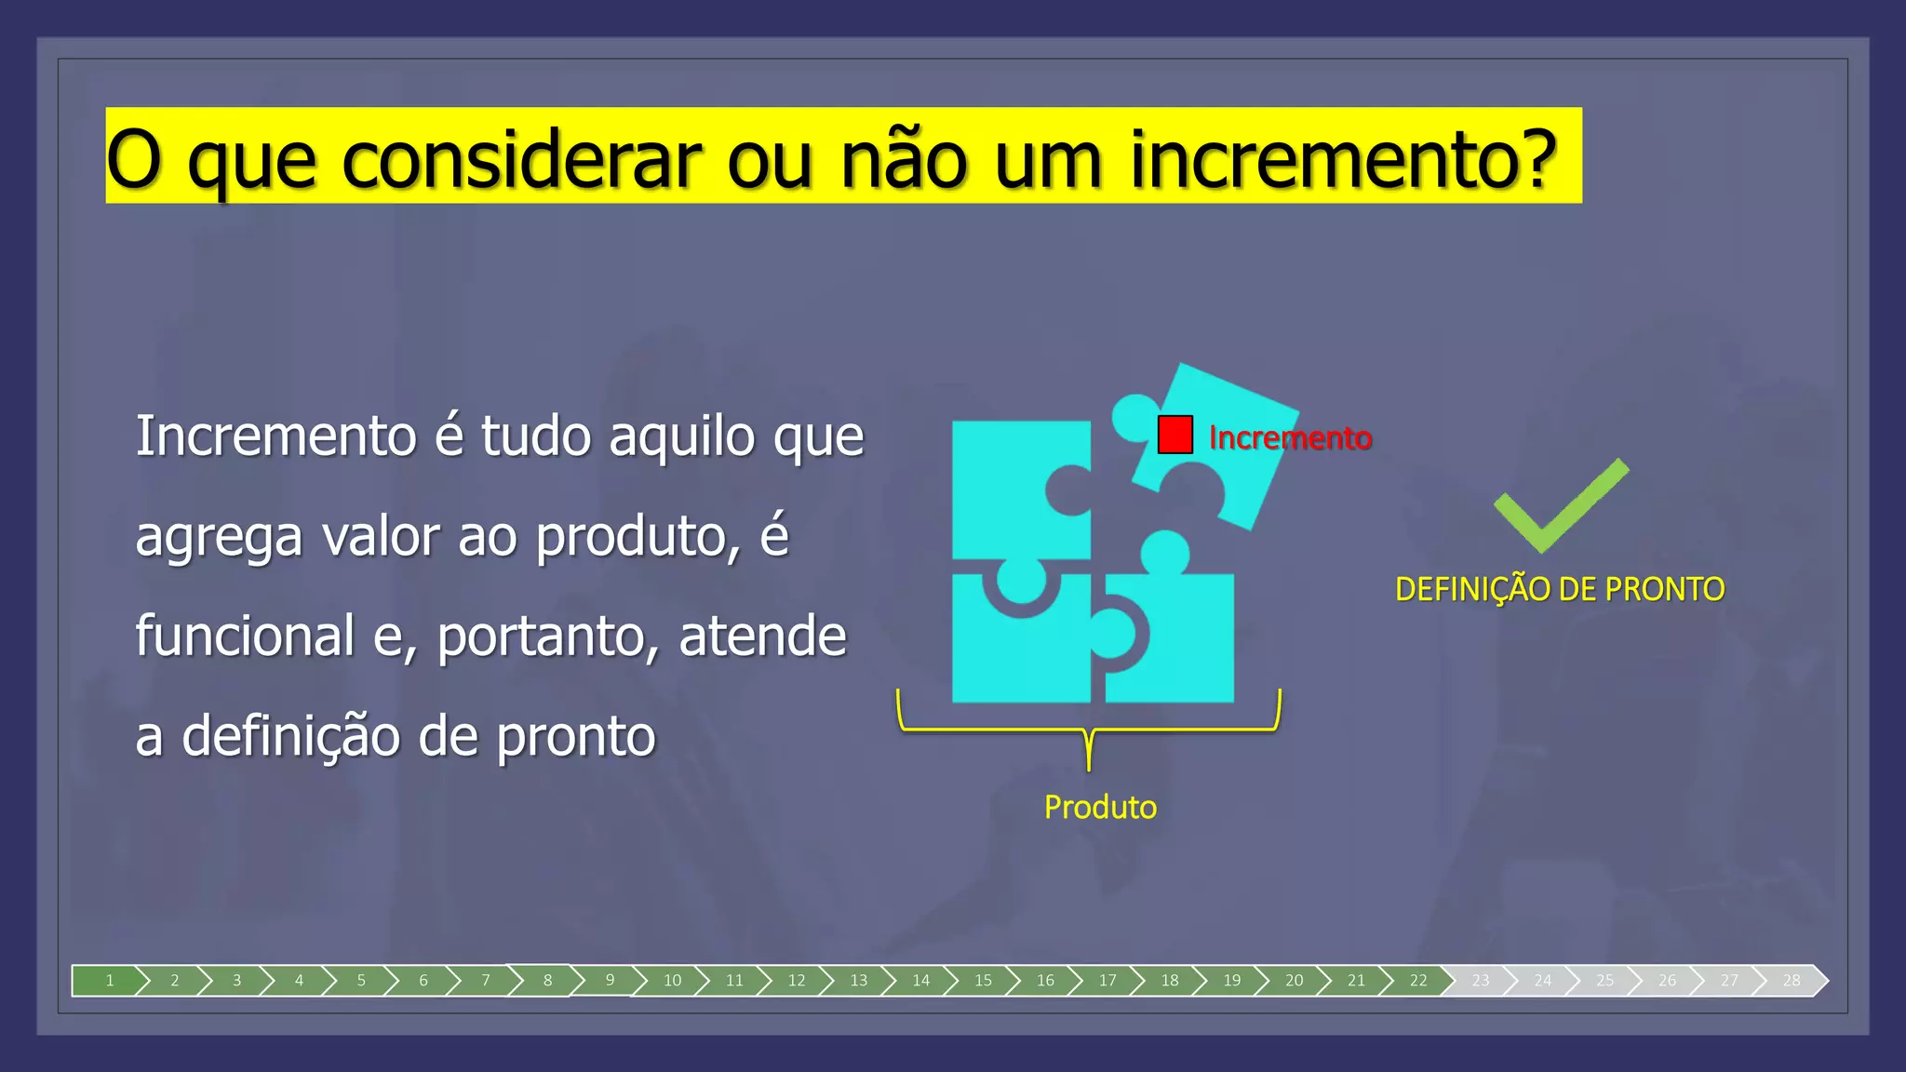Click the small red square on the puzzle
pyautogui.click(x=1174, y=435)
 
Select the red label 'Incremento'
pyautogui.click(x=1290, y=437)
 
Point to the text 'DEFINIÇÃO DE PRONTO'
pyautogui.click(x=1560, y=589)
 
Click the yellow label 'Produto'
pyautogui.click(x=1100, y=807)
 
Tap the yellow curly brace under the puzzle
pyautogui.click(x=1089, y=730)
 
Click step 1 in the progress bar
pyautogui.click(x=110, y=980)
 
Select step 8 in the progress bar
pyautogui.click(x=547, y=980)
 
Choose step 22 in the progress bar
pyautogui.click(x=1417, y=980)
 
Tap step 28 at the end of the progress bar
pyautogui.click(x=1792, y=980)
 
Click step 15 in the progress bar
pyautogui.click(x=983, y=980)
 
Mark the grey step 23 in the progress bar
pyautogui.click(x=1480, y=980)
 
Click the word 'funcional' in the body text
pyautogui.click(x=246, y=636)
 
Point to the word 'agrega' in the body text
pyautogui.click(x=219, y=538)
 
